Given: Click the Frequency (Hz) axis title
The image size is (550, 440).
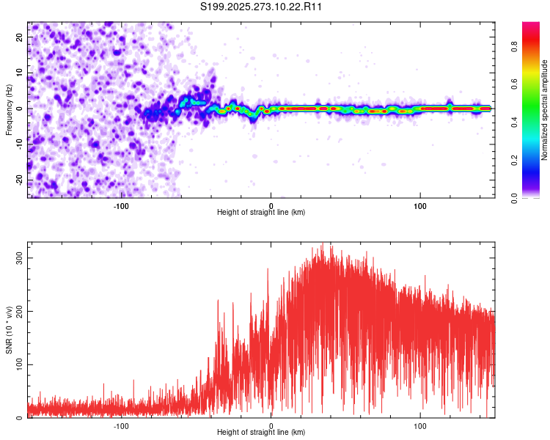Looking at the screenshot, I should (x=9, y=109).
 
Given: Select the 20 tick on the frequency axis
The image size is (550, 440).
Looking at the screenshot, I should (x=20, y=37).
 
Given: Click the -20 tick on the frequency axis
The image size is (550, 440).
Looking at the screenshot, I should (x=18, y=180).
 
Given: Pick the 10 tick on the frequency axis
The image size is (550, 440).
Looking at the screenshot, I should (x=20, y=73).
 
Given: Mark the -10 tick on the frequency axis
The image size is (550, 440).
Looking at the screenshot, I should (x=18, y=144).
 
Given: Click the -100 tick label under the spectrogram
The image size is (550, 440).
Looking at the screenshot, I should (x=121, y=205).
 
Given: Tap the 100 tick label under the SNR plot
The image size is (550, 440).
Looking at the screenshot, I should (x=420, y=425).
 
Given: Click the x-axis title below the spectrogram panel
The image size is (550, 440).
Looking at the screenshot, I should (x=262, y=213).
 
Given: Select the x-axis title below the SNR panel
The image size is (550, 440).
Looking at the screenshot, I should (x=262, y=433).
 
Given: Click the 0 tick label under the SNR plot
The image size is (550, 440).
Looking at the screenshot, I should (x=271, y=425).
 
